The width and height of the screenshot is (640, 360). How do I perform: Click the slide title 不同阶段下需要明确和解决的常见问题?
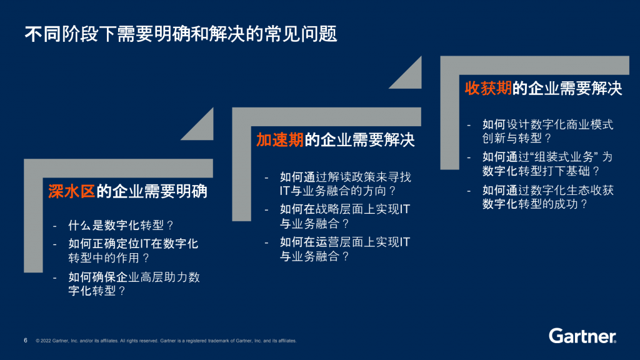tap(181, 34)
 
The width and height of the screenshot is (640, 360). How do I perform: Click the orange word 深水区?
tap(71, 191)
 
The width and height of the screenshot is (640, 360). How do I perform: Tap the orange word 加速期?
tap(280, 139)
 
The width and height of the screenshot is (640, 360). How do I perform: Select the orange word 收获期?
tap(488, 88)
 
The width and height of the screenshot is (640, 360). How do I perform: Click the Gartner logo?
tap(582, 336)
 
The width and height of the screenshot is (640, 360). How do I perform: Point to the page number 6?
tap(26, 341)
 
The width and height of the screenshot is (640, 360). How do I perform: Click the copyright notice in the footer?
tap(166, 341)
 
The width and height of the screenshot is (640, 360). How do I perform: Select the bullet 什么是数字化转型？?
tap(121, 225)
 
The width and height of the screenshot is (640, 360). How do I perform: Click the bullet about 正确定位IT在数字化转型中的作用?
tap(134, 251)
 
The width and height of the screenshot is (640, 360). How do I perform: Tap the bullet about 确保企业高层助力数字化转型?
tap(134, 284)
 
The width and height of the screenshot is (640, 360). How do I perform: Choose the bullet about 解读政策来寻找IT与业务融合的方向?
tap(346, 184)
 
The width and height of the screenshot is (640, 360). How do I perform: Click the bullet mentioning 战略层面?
tap(345, 216)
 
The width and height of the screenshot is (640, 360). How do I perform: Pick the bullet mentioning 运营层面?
tap(345, 249)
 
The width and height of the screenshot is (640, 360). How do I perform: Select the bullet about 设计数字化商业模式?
tap(547, 131)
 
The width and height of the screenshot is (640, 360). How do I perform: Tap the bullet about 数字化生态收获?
tap(548, 197)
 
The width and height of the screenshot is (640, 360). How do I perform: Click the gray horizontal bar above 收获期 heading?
tap(535, 65)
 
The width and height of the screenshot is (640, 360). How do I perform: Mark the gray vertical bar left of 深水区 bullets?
tap(34, 221)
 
